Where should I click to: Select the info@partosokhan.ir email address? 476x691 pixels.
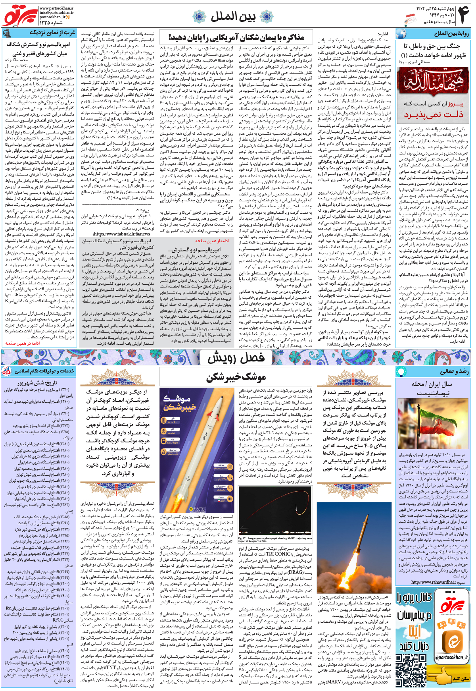click(x=57, y=13)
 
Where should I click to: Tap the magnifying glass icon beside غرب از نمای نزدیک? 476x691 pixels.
click(x=7, y=33)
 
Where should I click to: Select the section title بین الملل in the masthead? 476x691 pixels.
click(x=233, y=16)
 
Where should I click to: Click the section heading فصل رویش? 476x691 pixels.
click(x=236, y=358)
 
